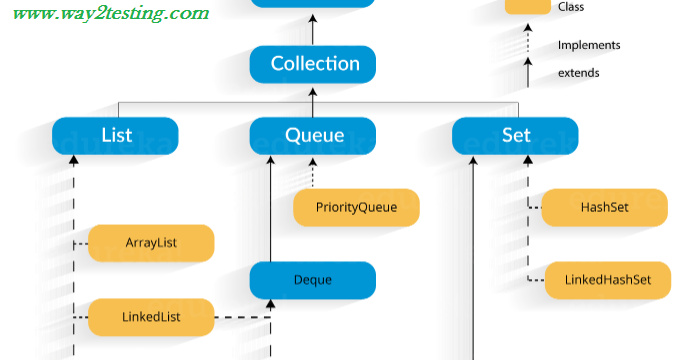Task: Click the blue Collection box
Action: click(x=312, y=64)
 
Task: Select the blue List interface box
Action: click(x=115, y=135)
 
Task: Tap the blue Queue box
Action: click(x=312, y=135)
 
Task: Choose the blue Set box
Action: click(x=515, y=135)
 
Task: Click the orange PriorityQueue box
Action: click(x=356, y=208)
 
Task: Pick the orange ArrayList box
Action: click(x=151, y=243)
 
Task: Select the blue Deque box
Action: click(x=312, y=280)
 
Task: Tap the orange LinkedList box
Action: click(x=151, y=317)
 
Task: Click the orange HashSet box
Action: click(x=604, y=208)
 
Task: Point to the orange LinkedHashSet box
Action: click(x=607, y=280)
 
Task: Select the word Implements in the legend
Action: click(x=589, y=45)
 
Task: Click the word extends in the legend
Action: click(x=579, y=73)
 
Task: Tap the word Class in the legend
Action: click(x=571, y=7)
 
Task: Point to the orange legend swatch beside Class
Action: click(x=528, y=6)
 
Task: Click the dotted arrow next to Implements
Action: click(x=528, y=42)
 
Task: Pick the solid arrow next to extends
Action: click(x=528, y=72)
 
